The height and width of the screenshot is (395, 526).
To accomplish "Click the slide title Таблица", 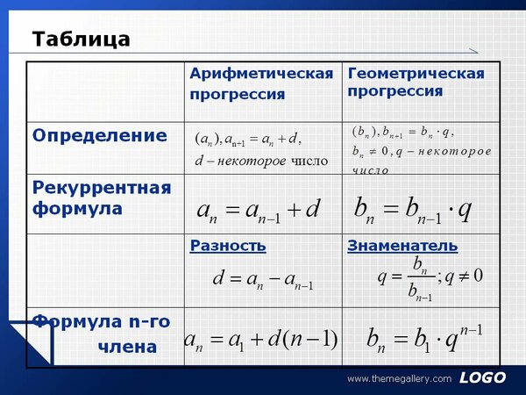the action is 81,39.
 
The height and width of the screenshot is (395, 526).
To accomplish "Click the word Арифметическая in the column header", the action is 261,74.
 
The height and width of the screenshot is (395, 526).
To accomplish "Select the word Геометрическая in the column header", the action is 416,74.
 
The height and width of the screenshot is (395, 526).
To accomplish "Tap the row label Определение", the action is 100,136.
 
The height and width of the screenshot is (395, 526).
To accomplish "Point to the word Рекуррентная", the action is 102,188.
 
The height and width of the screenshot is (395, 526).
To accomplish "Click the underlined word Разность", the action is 228,246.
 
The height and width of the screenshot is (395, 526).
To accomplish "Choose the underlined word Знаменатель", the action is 402,246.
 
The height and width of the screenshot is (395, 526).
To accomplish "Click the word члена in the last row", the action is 127,348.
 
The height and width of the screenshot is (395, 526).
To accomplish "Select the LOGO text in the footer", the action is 483,377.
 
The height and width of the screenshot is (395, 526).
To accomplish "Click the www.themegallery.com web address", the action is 400,379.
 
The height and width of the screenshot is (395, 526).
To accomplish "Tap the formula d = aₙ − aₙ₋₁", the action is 263,279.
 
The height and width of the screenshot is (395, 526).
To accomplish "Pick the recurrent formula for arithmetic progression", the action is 259,211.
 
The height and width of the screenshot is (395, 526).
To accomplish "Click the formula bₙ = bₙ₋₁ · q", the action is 413,210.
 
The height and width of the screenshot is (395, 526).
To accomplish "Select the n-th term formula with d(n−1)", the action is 260,340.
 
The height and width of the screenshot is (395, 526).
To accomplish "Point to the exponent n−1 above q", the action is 472,329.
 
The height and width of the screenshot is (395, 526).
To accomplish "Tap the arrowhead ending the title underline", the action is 473,51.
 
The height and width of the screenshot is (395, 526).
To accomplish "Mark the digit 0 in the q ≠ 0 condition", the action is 479,276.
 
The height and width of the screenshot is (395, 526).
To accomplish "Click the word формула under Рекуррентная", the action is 77,209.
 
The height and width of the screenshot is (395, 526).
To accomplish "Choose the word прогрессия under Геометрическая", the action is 395,91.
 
